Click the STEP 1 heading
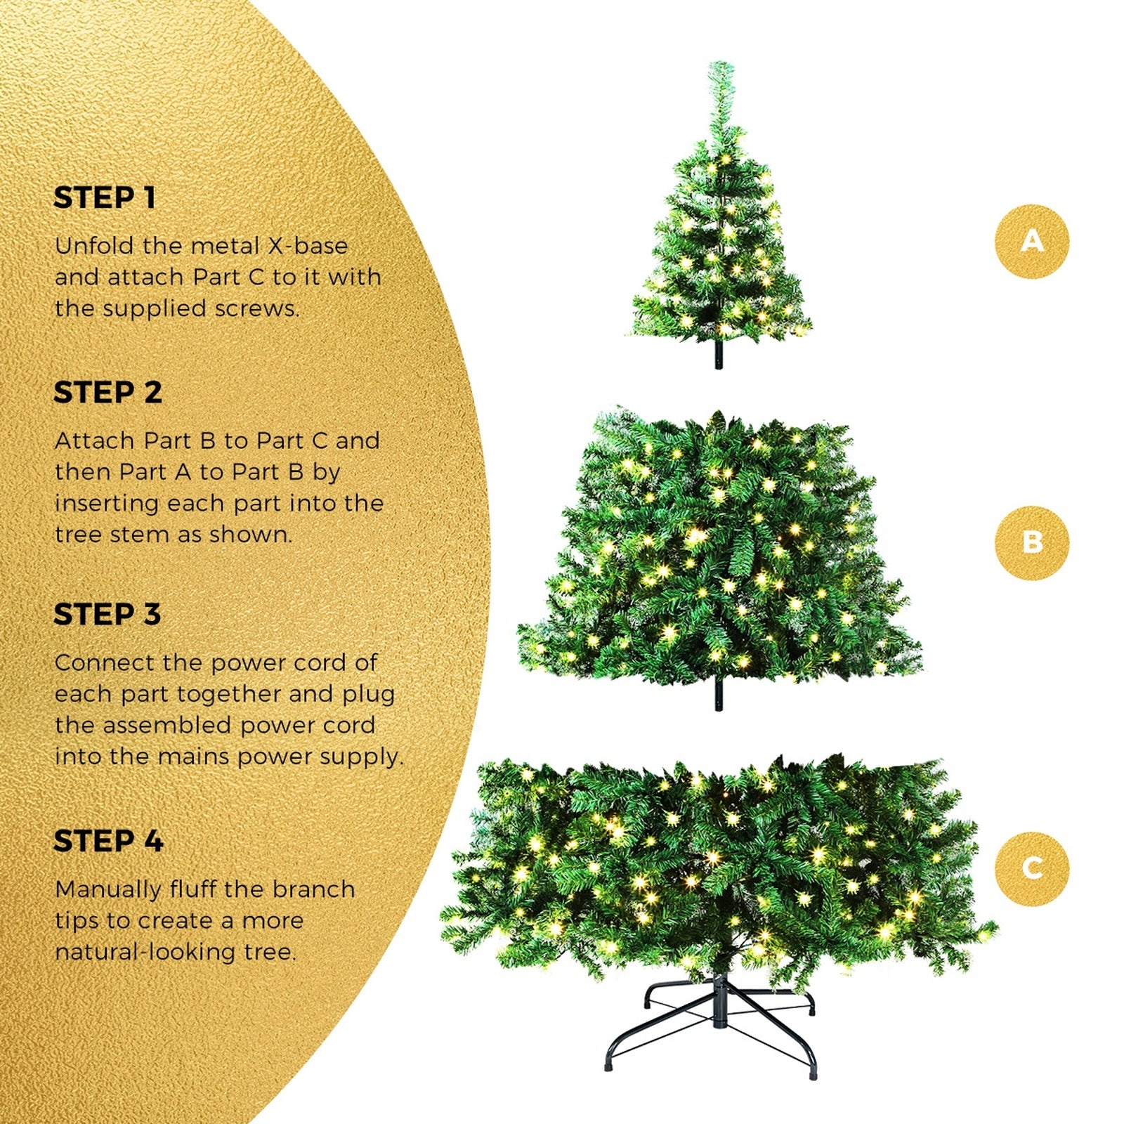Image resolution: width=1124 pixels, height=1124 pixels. pyautogui.click(x=104, y=198)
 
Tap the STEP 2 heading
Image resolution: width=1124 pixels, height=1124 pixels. pyautogui.click(x=107, y=393)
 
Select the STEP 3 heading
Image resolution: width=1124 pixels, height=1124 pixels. pyautogui.click(x=107, y=615)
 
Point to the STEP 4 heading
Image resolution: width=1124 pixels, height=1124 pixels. pyautogui.click(x=108, y=841)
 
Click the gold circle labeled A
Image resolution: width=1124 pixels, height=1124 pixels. pyautogui.click(x=1031, y=241)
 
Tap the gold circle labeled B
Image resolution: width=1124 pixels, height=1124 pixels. pyautogui.click(x=1031, y=542)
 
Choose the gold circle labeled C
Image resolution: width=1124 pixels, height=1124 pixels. pyautogui.click(x=1031, y=868)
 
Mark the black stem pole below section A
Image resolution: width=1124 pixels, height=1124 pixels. pyautogui.click(x=718, y=355)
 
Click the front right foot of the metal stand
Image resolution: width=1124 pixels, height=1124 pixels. pyautogui.click(x=813, y=1074)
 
